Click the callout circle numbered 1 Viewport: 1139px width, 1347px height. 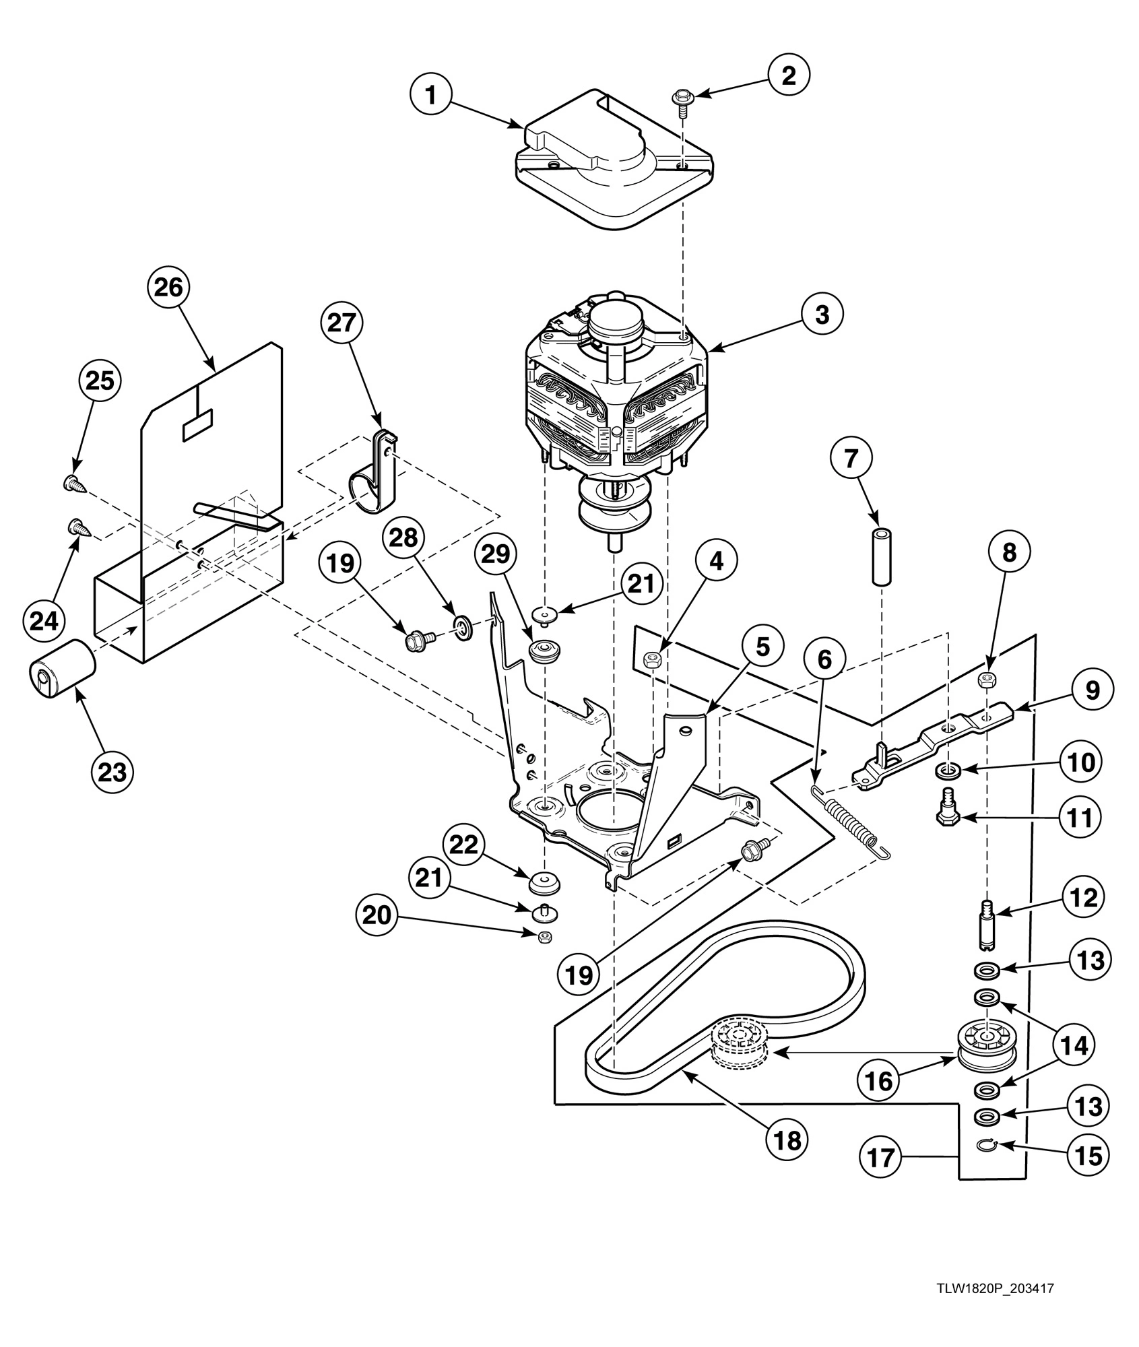[x=430, y=96]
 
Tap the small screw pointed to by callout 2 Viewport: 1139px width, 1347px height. [x=681, y=101]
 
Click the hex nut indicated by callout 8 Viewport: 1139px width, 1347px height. [x=984, y=682]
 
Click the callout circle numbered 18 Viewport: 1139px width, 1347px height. [x=787, y=1140]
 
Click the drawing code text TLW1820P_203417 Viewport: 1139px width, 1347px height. [x=994, y=1288]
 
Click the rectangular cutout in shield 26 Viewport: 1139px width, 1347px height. [x=197, y=425]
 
